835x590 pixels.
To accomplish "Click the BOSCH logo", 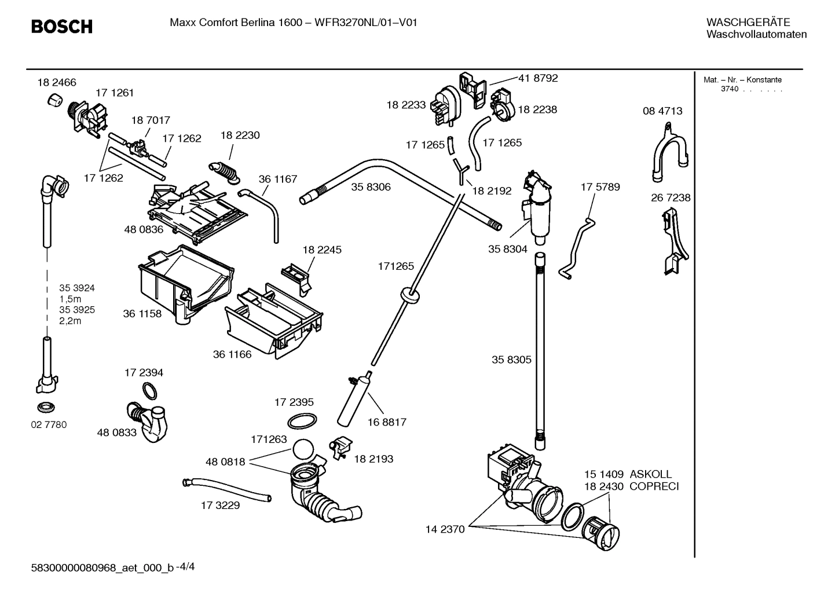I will point(61,26).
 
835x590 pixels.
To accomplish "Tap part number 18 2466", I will point(57,83).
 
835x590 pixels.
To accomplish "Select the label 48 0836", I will point(143,229).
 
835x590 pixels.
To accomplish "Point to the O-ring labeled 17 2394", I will point(150,391).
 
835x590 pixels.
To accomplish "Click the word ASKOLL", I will point(651,474).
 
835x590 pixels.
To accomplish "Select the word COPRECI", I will point(654,486).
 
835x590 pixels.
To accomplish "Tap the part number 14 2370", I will point(445,529).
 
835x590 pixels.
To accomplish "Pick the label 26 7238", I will point(671,197).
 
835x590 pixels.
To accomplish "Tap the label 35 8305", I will point(511,360).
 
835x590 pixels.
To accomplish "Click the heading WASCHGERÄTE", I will point(748,23).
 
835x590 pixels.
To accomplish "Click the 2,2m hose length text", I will point(70,321).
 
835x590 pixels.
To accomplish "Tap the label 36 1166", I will point(232,354).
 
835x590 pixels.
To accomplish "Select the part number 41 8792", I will point(538,78).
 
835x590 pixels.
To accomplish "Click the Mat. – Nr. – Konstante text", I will point(742,80).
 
